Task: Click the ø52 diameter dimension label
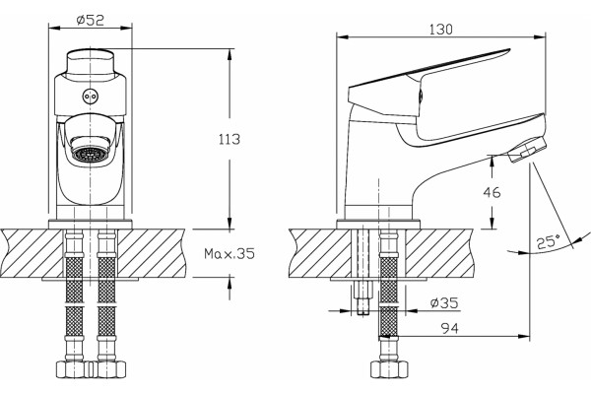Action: click(x=90, y=20)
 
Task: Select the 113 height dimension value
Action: click(x=230, y=139)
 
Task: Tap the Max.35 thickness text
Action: click(x=230, y=253)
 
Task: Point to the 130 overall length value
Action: click(x=440, y=29)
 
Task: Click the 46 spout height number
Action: click(x=492, y=192)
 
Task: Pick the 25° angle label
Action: click(x=549, y=241)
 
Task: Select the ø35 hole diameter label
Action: click(x=444, y=302)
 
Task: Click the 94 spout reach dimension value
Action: click(x=450, y=328)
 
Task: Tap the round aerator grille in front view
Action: click(x=90, y=155)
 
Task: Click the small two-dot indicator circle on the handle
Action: click(x=89, y=97)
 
